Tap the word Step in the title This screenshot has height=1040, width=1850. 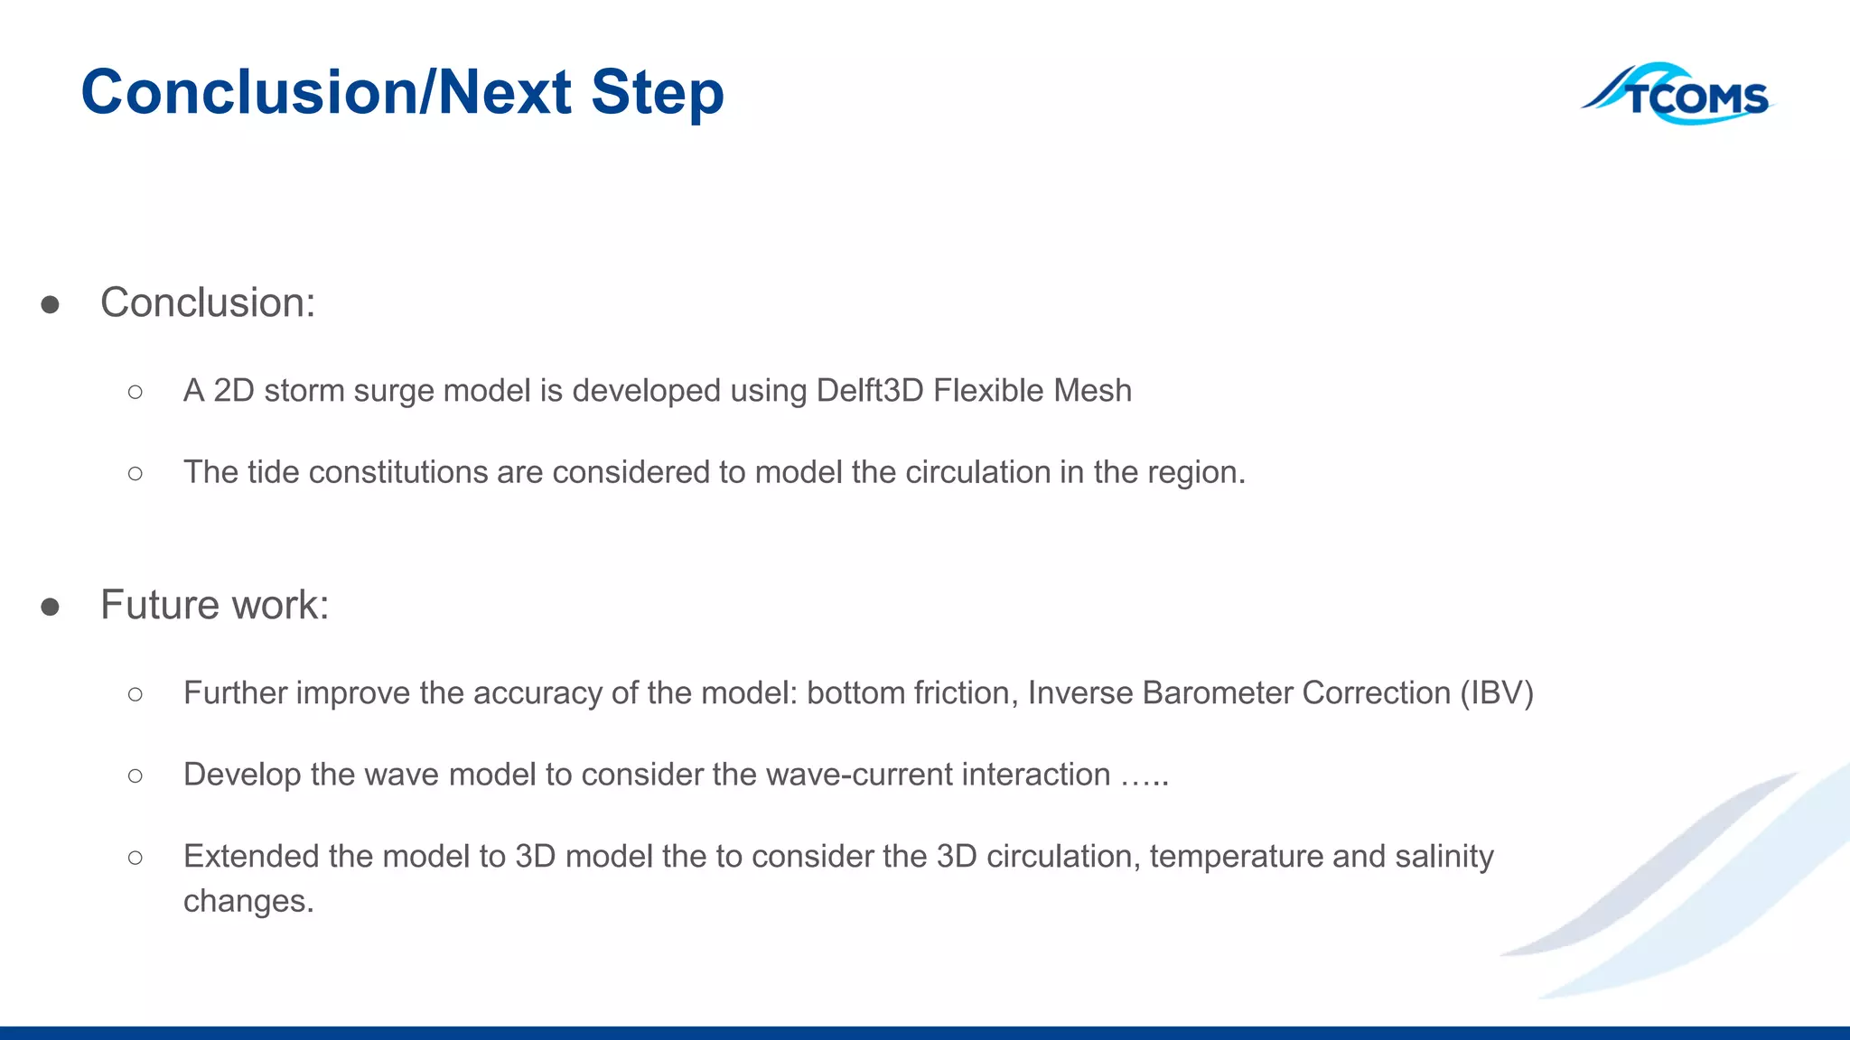(657, 94)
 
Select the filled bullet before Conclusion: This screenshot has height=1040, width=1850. (51, 304)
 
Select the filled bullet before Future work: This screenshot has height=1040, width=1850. (51, 607)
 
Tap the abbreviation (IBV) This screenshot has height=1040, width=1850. (1497, 693)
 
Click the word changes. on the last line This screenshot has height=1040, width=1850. (248, 901)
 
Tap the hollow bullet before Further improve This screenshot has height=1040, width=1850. (135, 693)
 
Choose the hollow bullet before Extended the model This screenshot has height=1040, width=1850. (135, 857)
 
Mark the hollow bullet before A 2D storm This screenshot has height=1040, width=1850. (135, 392)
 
